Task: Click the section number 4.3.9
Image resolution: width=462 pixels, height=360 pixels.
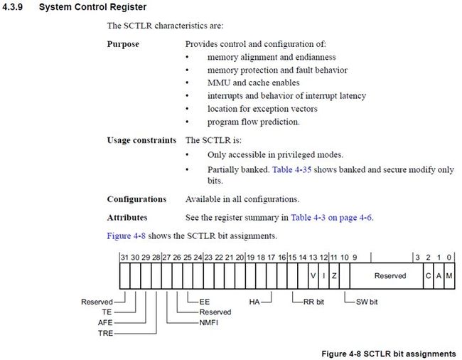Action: click(12, 7)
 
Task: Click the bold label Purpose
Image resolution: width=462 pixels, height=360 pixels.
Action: click(123, 44)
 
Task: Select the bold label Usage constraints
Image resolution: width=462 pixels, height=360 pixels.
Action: click(141, 140)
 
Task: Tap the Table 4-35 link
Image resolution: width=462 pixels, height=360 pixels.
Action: click(291, 170)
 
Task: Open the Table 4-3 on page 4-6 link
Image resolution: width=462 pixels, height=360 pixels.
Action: click(331, 218)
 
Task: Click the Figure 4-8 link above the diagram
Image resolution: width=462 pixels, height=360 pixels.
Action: click(126, 236)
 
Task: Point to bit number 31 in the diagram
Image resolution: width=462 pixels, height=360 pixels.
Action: click(124, 258)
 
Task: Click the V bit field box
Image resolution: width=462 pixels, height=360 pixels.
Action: click(313, 276)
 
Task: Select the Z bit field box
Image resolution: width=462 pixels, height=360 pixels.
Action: click(334, 276)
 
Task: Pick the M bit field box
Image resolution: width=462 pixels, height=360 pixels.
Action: click(449, 276)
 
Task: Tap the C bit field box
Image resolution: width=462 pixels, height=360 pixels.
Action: click(428, 276)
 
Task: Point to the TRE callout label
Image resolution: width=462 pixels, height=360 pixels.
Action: click(105, 333)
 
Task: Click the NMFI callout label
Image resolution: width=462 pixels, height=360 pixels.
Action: click(208, 322)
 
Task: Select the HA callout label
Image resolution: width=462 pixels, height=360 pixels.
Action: click(254, 302)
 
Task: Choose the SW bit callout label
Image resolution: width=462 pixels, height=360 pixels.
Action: click(367, 302)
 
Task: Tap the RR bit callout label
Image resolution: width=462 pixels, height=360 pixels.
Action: click(313, 302)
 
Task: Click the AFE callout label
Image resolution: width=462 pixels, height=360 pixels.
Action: click(105, 322)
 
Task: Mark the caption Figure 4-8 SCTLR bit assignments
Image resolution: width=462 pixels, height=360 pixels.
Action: click(389, 354)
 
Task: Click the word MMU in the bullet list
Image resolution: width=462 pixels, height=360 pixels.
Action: click(219, 83)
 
